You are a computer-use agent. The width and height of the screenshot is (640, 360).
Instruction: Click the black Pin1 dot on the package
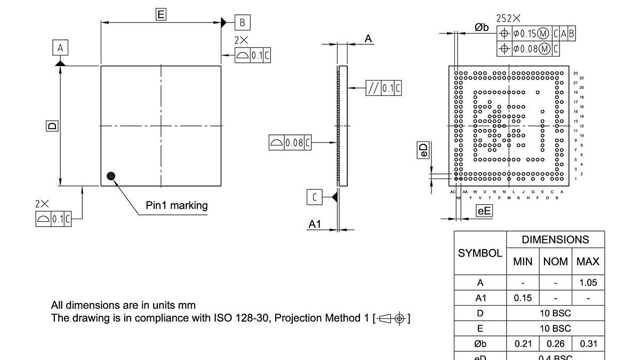(111, 176)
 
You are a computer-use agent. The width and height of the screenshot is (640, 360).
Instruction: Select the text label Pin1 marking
(177, 205)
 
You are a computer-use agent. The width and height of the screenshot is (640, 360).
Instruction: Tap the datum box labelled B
(242, 22)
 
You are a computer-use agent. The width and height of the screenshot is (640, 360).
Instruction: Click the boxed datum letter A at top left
(60, 48)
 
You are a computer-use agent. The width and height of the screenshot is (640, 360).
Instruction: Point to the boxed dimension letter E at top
(161, 14)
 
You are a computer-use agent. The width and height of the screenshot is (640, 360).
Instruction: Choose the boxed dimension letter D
(52, 126)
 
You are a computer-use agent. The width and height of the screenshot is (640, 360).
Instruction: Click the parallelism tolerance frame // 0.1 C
(383, 87)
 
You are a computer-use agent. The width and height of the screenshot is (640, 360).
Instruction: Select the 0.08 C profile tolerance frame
(290, 142)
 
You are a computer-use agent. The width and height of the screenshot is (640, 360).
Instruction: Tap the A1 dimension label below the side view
(315, 225)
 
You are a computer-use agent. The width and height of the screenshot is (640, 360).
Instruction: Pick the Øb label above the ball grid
(482, 28)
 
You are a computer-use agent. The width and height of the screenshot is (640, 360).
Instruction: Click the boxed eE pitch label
(484, 211)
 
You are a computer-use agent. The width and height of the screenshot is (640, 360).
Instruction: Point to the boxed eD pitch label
(422, 150)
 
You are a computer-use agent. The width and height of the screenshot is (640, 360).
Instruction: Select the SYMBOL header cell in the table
(480, 253)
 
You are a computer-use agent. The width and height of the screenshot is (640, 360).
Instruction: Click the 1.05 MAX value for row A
(588, 283)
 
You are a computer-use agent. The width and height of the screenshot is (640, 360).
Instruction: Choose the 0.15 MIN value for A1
(522, 298)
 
